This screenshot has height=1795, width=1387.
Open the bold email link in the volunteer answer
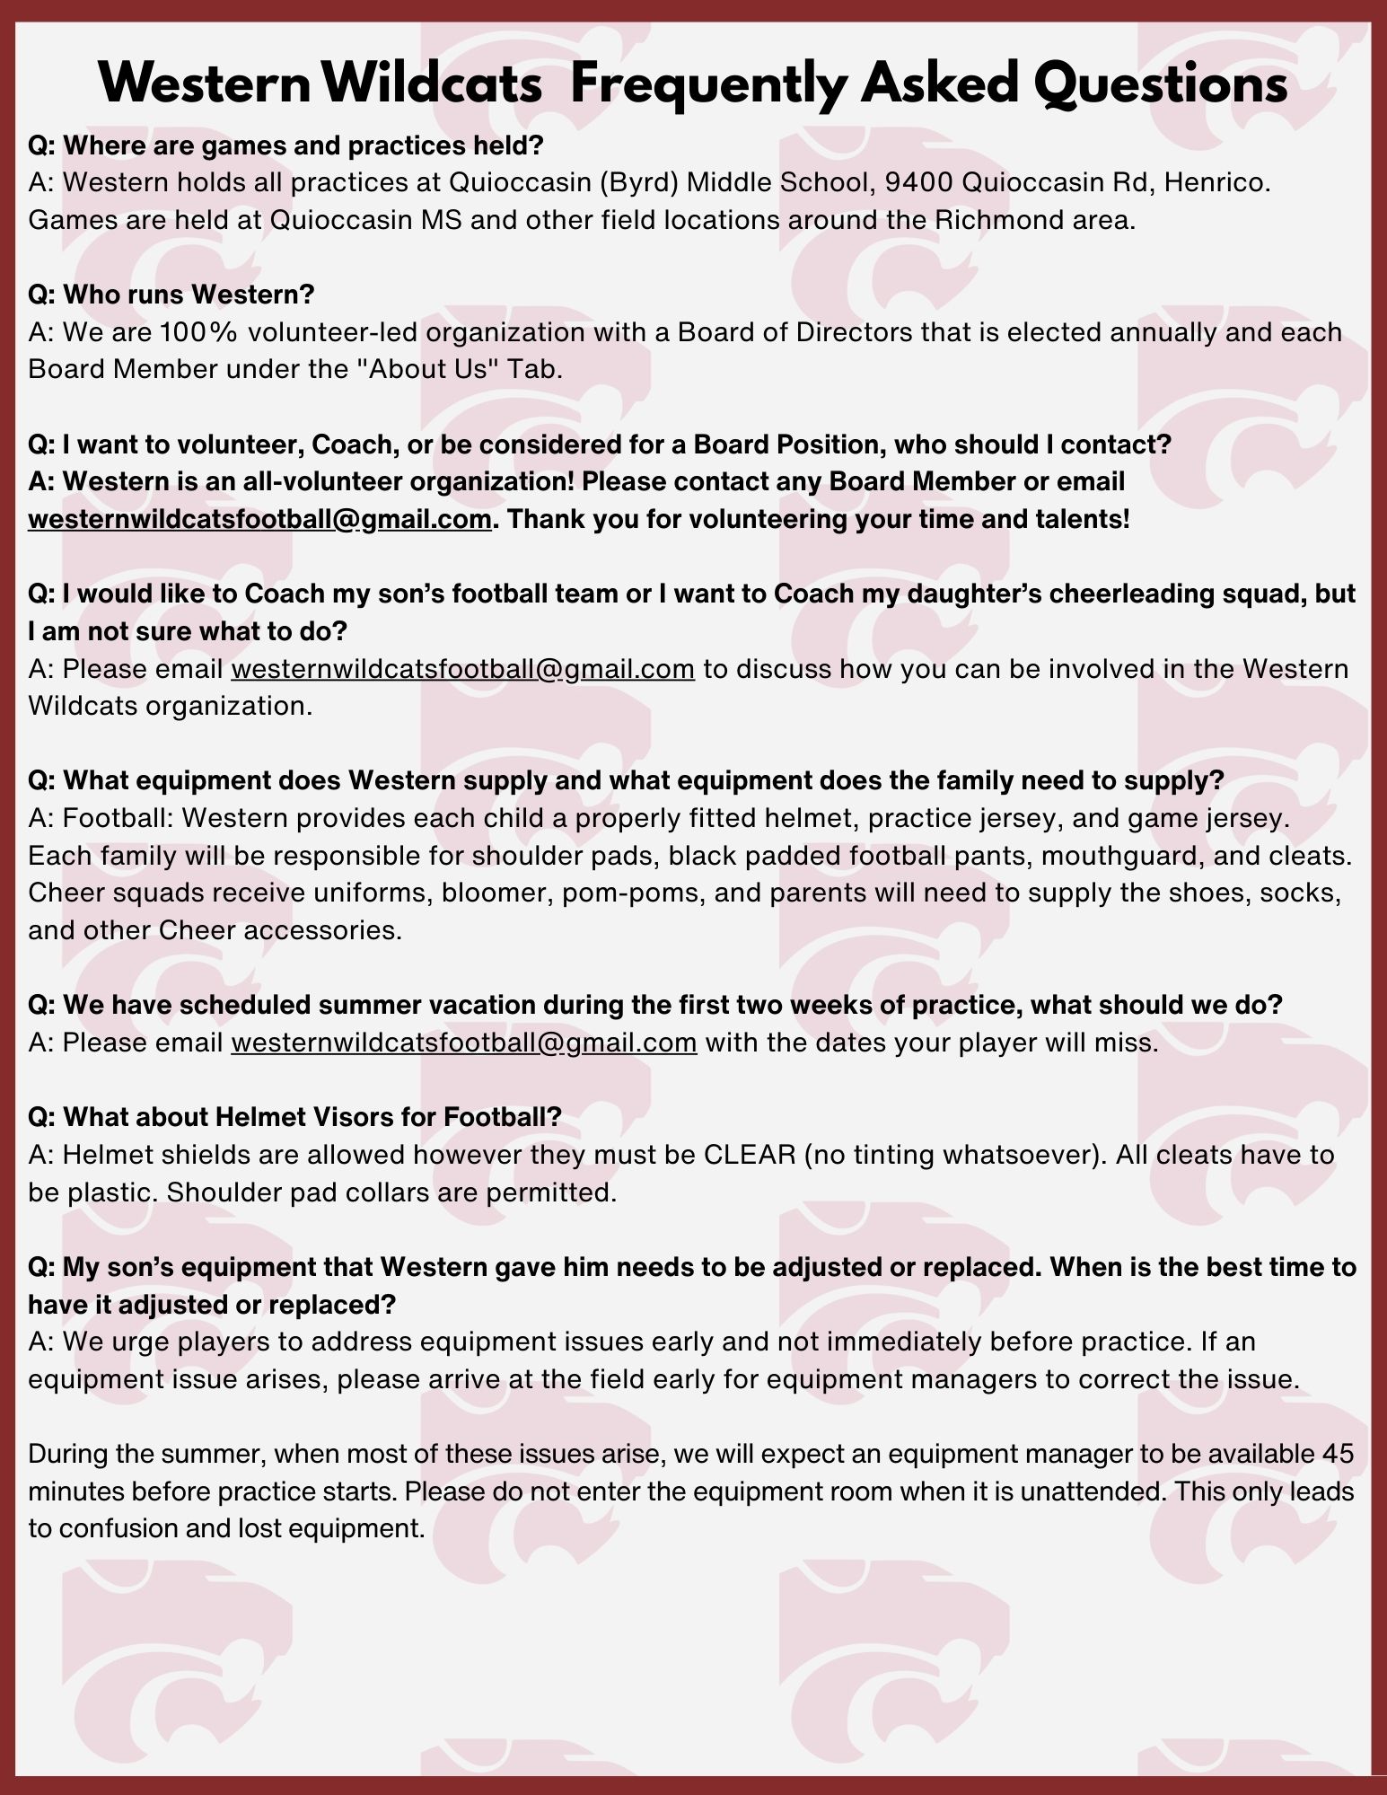259,519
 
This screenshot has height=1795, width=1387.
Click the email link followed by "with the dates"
463,1043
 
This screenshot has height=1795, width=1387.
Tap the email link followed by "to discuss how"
462,669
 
